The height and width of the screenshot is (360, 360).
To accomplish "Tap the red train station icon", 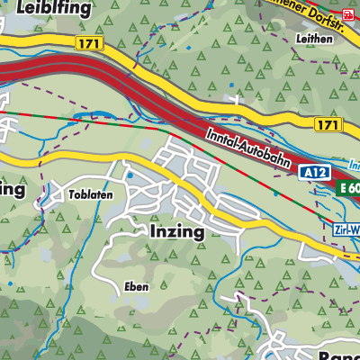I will (350, 13).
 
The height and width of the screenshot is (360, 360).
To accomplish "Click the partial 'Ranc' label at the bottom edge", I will (337, 354).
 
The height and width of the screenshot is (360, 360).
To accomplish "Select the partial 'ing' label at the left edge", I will (12, 190).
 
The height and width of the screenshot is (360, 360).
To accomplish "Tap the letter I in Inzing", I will (148, 231).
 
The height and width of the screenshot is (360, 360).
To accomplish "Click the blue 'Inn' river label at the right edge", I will (353, 165).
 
